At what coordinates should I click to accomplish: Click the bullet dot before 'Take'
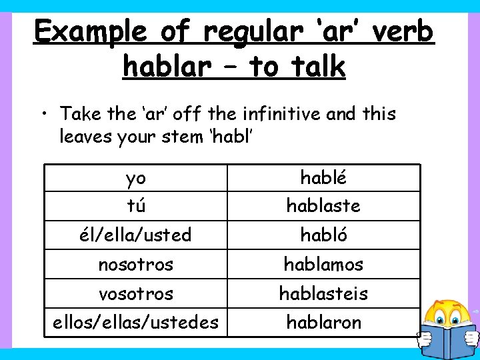click(44, 114)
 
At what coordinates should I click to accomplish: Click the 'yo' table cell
click(136, 177)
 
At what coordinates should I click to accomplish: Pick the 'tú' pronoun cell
click(136, 206)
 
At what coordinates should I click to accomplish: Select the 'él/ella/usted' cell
click(136, 235)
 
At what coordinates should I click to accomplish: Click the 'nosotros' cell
click(136, 264)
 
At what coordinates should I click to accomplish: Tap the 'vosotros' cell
click(136, 293)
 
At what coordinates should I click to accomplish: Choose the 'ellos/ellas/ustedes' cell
click(136, 323)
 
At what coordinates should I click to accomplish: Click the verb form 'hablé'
click(323, 177)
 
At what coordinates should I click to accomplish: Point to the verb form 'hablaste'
click(323, 206)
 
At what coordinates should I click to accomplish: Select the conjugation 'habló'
click(323, 235)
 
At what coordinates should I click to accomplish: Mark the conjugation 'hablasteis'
click(323, 293)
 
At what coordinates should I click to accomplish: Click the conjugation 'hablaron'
click(323, 323)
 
